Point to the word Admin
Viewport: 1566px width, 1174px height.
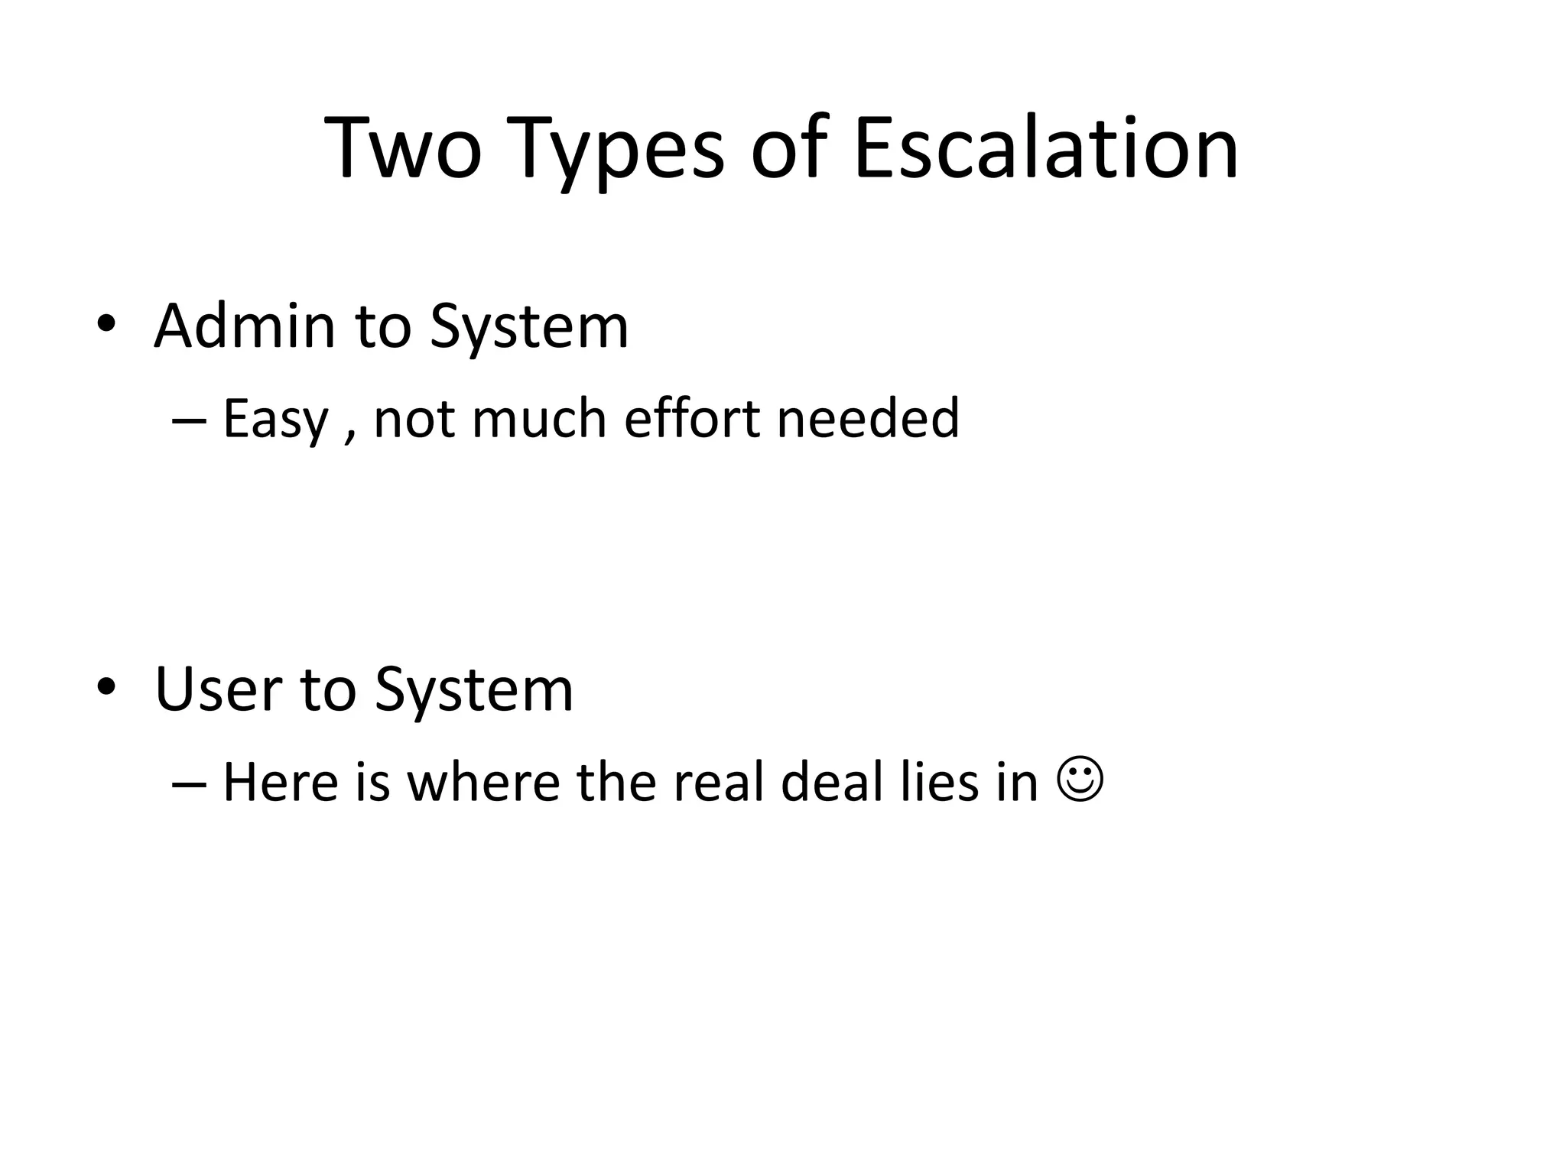tap(245, 326)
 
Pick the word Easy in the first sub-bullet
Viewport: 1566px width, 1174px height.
tap(275, 420)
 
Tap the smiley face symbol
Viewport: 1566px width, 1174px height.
tap(1080, 780)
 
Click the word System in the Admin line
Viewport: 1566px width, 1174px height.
tap(528, 328)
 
